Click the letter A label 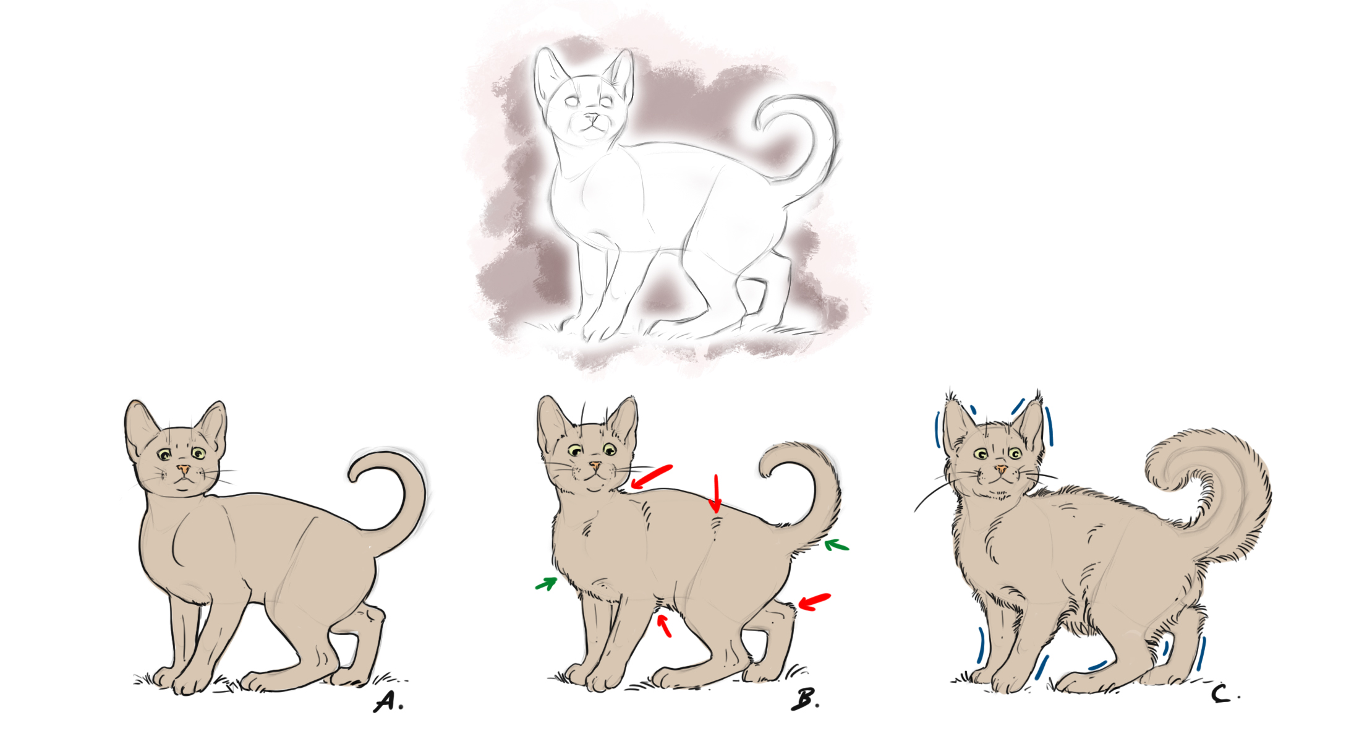(x=388, y=701)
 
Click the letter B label (x=804, y=699)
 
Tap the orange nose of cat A (x=183, y=469)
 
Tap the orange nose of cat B (x=595, y=464)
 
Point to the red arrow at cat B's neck (x=651, y=477)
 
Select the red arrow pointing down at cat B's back (x=716, y=494)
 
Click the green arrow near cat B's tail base (x=837, y=546)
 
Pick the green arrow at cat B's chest (x=547, y=583)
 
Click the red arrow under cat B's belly (x=665, y=625)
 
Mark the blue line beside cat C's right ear (x=1049, y=426)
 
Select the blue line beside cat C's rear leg (x=1201, y=654)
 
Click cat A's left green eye (x=164, y=455)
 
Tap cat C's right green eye (x=1015, y=453)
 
